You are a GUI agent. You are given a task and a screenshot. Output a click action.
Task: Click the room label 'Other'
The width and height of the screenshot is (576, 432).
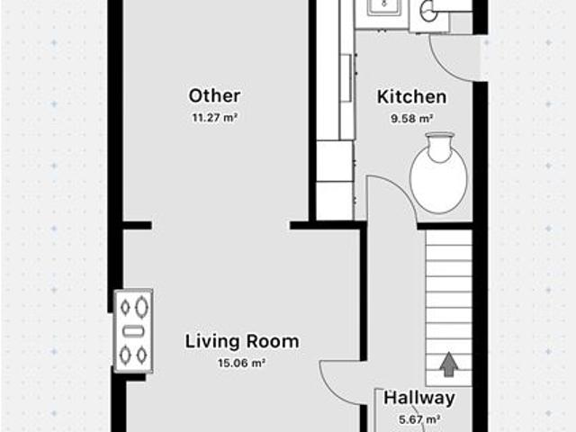point(214,96)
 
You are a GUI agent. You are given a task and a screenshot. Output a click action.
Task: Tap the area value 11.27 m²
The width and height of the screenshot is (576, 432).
point(214,118)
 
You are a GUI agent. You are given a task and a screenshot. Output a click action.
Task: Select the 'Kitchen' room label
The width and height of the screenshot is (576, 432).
point(412,97)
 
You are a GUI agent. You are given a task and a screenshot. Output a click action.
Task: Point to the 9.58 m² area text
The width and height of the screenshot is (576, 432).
point(412,119)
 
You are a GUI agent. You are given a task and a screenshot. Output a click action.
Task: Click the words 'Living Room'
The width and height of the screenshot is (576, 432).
point(242,341)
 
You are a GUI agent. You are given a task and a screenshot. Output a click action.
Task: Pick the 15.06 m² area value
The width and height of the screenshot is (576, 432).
point(242,364)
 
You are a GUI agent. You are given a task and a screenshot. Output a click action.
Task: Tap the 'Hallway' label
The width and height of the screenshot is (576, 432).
point(419,398)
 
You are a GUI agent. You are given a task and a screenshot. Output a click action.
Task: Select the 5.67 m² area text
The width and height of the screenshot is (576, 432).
point(419,419)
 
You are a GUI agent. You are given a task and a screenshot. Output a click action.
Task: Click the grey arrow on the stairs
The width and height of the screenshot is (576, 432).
point(448,364)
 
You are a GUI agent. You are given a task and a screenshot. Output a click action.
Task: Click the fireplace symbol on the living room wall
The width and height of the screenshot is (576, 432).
point(133,330)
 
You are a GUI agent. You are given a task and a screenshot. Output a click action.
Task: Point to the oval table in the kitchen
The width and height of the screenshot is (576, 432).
point(438,180)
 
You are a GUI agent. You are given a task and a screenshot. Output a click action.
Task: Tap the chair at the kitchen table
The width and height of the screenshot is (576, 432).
point(440,146)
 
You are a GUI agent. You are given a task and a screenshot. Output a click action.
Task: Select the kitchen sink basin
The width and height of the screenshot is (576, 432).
point(384,9)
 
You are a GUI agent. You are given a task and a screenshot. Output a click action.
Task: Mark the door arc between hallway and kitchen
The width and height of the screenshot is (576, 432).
point(401,190)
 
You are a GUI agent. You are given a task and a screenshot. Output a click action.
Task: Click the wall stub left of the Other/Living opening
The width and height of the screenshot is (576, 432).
point(137,226)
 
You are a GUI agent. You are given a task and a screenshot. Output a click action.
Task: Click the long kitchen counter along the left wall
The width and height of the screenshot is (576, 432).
point(336,110)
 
